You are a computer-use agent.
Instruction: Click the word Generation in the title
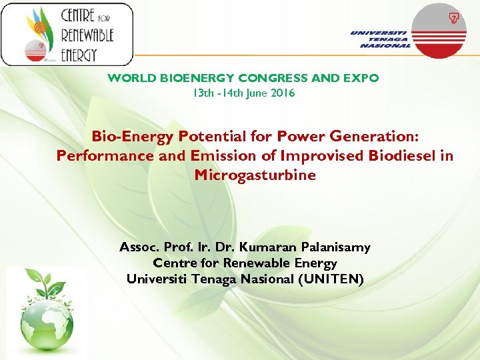[376, 137]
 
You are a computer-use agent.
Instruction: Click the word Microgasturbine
[255, 175]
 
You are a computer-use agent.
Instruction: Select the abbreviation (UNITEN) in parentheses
[331, 279]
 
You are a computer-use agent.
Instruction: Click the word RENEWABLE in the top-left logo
[88, 35]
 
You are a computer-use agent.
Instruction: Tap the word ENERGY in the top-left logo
[79, 54]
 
